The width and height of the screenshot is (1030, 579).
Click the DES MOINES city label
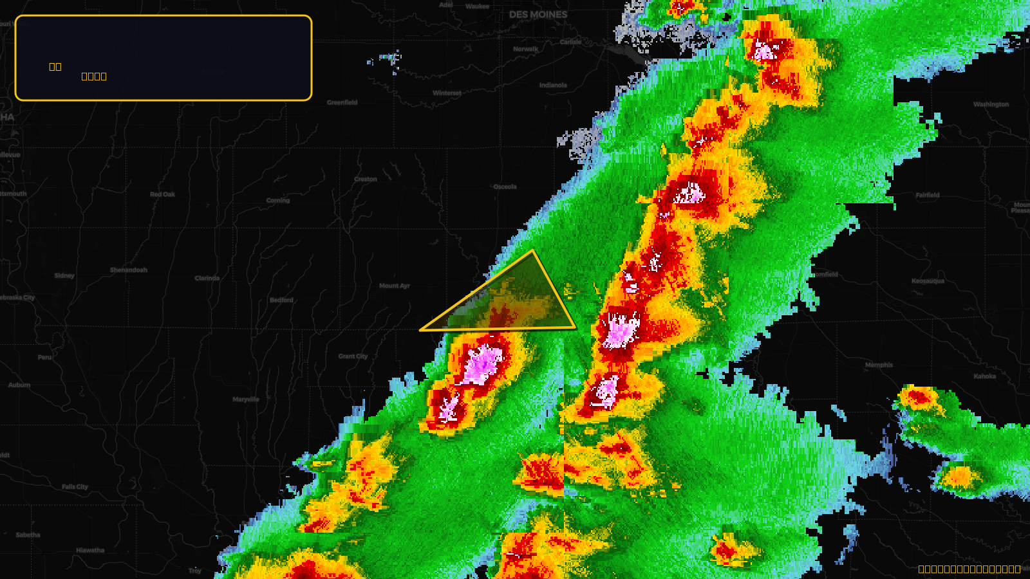[538, 15]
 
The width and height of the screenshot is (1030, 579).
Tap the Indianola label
[553, 85]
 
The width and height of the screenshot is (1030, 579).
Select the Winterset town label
[447, 93]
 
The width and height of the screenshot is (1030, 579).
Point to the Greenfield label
[342, 102]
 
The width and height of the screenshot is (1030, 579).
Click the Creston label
[365, 179]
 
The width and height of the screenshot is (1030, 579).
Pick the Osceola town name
[505, 187]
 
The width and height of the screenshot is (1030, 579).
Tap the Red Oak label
[162, 194]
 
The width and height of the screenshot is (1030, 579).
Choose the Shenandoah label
[128, 270]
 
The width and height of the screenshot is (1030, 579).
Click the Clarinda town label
[207, 279]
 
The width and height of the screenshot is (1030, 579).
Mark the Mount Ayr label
[394, 286]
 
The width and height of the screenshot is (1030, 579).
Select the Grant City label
[353, 356]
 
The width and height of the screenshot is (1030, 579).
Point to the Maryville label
[245, 400]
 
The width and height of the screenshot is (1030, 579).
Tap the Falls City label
[75, 487]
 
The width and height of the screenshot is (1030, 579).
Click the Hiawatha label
[89, 550]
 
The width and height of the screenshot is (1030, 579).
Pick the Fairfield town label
[927, 195]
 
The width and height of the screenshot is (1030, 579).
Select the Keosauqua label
[928, 281]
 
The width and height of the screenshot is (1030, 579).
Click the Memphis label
[879, 365]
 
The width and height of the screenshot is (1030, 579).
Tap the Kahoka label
[984, 376]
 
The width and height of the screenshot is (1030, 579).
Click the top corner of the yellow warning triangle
[533, 250]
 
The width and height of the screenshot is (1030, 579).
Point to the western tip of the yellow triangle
[420, 330]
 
